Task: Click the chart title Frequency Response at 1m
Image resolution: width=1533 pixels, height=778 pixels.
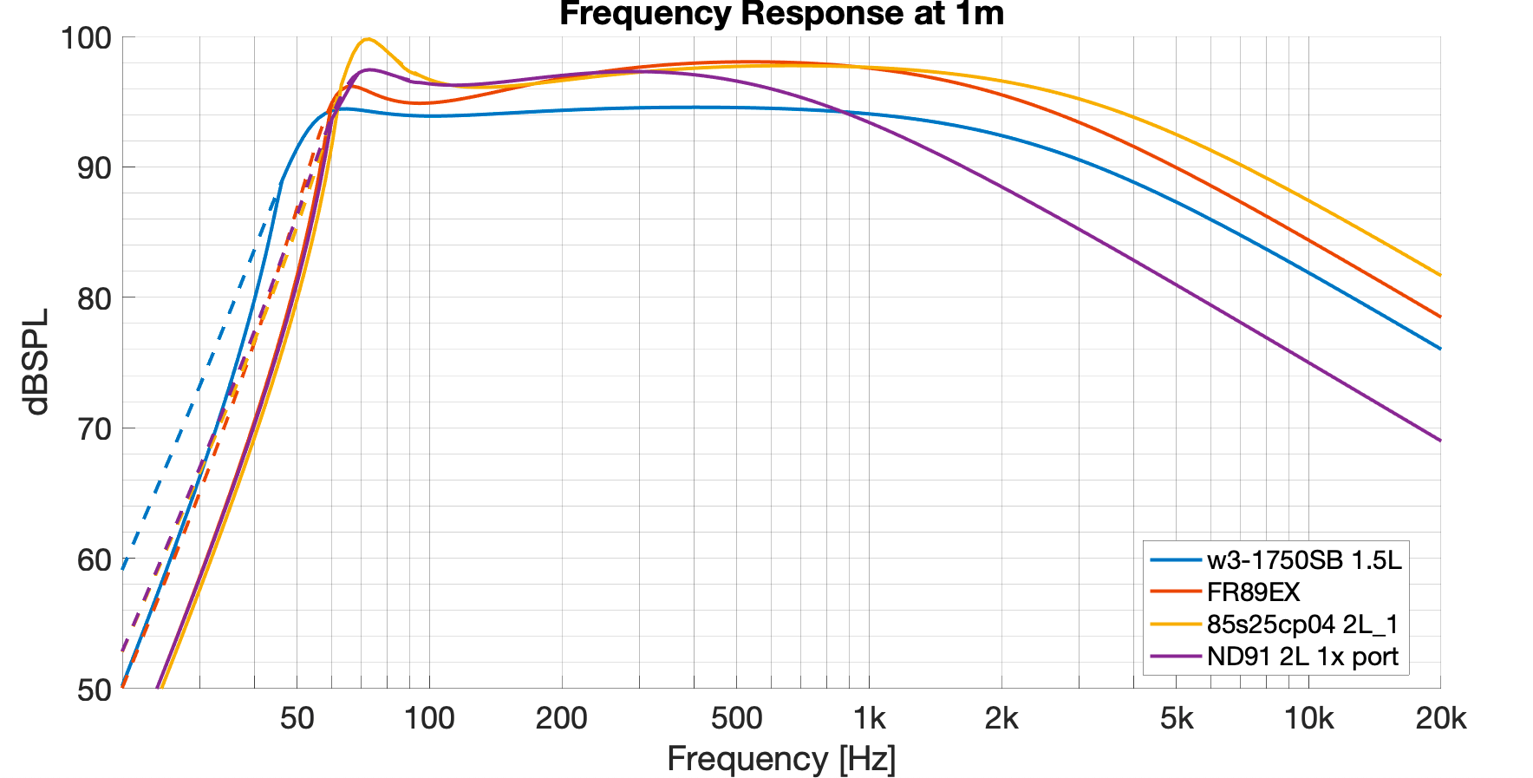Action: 781,14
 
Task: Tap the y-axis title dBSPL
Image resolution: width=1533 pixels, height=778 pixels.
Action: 37,363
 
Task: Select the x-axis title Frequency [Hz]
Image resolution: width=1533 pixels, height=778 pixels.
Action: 781,759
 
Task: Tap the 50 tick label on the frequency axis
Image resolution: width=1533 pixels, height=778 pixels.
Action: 297,718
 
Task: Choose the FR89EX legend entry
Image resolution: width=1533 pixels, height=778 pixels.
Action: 1253,592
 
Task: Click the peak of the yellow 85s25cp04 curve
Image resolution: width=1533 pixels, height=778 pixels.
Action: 368,39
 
